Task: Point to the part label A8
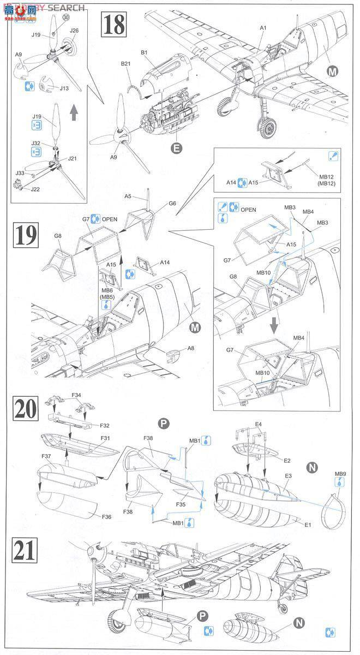[x=191, y=348]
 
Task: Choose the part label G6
[x=172, y=204]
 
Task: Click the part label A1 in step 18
[x=262, y=27]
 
